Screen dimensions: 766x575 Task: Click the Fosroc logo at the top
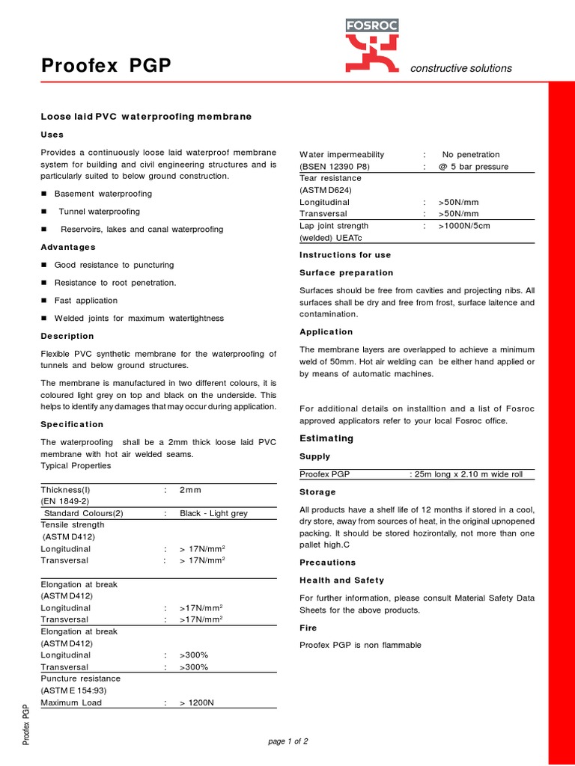pos(371,46)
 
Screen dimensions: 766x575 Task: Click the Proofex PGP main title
pos(106,67)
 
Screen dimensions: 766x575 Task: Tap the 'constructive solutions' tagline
pos(461,68)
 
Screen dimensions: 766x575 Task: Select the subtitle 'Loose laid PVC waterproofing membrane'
pos(145,117)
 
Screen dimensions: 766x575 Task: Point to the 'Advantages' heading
pos(67,247)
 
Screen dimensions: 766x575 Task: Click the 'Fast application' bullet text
pos(86,301)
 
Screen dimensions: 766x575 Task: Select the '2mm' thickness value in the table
pos(190,489)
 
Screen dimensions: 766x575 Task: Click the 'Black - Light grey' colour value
pos(214,513)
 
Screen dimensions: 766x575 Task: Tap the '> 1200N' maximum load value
pos(197,702)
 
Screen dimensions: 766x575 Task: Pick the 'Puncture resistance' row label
pos(80,678)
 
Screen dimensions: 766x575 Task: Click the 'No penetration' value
pos(470,154)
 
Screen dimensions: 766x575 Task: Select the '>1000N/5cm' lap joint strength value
pos(464,225)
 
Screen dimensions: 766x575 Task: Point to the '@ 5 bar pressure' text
pos(473,166)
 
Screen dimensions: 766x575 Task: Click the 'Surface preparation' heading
pos(346,273)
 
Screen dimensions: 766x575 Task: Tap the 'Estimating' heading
pos(326,438)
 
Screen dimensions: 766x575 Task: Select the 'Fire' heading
pos(308,628)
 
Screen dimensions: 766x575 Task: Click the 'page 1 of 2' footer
pos(287,741)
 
